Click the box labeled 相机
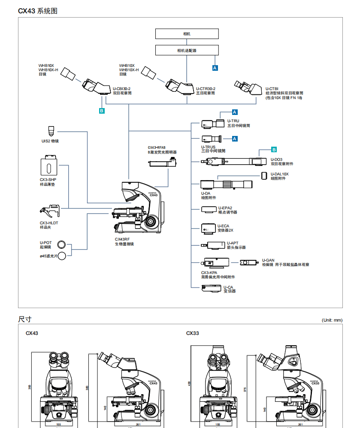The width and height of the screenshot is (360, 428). pos(187,34)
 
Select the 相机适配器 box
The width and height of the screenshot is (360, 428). pos(187,50)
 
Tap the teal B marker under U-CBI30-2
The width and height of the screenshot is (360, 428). pos(102,111)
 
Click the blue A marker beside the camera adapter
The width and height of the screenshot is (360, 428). pos(215,67)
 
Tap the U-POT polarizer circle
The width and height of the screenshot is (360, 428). pos(62,245)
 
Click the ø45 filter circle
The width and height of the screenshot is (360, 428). pos(63,256)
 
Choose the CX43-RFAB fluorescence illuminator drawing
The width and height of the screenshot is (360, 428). pos(163,163)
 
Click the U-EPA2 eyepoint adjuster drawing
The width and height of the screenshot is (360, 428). pos(210,209)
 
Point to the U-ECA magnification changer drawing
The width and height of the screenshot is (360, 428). pos(209,228)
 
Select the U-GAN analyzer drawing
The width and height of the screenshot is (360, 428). pos(249,262)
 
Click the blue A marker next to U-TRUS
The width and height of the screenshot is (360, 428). pos(235,139)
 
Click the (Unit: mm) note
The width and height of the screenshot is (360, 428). pos(332,320)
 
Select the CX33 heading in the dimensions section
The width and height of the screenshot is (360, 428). pos(193,333)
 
